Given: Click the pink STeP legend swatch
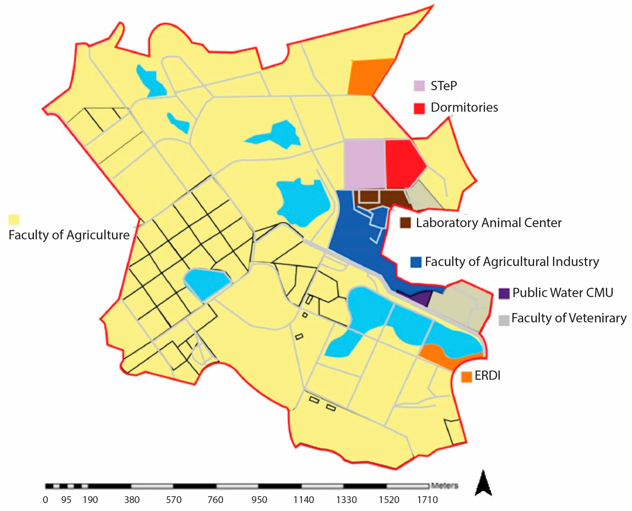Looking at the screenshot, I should [x=419, y=86].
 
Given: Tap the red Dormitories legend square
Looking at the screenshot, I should [x=419, y=108].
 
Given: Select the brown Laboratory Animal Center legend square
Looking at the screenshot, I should [x=405, y=223].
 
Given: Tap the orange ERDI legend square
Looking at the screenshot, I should [x=466, y=377].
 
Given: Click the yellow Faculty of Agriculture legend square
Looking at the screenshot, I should [x=14, y=220].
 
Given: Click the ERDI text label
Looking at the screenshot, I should [x=487, y=376].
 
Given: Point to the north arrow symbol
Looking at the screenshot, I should [x=483, y=483].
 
